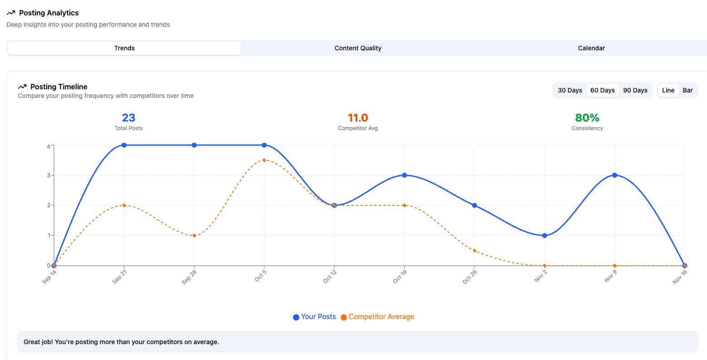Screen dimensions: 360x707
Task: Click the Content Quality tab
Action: coord(358,48)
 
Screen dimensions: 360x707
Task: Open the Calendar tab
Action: coord(591,48)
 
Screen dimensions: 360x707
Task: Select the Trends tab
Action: coord(124,48)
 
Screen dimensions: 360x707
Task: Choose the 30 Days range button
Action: coord(570,90)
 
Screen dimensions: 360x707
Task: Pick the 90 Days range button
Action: coord(635,90)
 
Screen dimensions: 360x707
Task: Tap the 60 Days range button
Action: coord(602,90)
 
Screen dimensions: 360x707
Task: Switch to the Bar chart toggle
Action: coord(687,90)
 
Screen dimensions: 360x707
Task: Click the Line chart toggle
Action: coord(668,90)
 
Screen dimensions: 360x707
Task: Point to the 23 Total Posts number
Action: coord(128,118)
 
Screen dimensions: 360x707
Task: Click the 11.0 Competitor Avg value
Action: coord(358,118)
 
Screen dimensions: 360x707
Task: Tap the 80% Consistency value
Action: coord(587,118)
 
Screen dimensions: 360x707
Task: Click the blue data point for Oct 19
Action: coord(405,175)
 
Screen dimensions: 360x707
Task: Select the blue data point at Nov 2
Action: coord(545,235)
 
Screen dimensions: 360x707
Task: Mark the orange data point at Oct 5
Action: coord(264,160)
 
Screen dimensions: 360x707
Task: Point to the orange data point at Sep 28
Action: coord(194,235)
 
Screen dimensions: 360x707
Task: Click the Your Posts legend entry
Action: coord(314,317)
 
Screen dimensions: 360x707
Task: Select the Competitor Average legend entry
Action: coord(377,317)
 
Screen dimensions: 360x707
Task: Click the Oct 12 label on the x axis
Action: coord(330,277)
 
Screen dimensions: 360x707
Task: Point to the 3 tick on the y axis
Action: coord(48,175)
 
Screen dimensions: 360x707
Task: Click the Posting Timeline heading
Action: coord(59,87)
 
